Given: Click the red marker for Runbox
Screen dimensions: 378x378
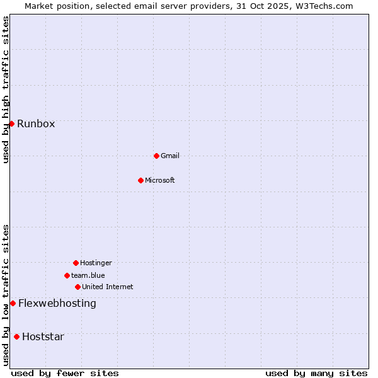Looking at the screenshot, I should [x=11, y=123].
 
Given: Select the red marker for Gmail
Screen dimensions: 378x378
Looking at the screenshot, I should [x=156, y=156].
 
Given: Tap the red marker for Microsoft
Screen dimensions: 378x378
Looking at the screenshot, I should [x=140, y=180].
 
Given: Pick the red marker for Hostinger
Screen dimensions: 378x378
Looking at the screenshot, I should [x=76, y=263].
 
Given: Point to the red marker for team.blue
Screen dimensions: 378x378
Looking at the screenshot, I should [x=67, y=275].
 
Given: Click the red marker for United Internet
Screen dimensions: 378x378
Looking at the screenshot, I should [x=77, y=287].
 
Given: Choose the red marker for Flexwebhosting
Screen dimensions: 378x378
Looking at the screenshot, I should [x=13, y=303].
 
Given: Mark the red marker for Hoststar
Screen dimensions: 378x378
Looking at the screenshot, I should [x=16, y=336].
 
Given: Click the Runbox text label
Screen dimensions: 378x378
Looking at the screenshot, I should [x=36, y=123].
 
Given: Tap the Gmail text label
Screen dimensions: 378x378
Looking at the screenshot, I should [x=170, y=156].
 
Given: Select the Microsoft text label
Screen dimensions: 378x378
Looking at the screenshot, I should [x=160, y=180].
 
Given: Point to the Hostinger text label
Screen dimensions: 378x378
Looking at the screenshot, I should [x=96, y=263].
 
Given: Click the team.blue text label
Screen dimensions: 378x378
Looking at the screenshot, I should [x=88, y=275].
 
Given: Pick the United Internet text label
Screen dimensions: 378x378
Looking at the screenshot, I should [x=108, y=287].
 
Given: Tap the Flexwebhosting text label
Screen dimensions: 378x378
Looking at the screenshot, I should [x=57, y=303].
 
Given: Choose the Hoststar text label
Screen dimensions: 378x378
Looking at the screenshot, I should [x=43, y=336].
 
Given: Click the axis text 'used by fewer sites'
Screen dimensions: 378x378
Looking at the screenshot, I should [x=65, y=373].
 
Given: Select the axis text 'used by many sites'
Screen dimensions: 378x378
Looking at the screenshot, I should [x=316, y=373].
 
